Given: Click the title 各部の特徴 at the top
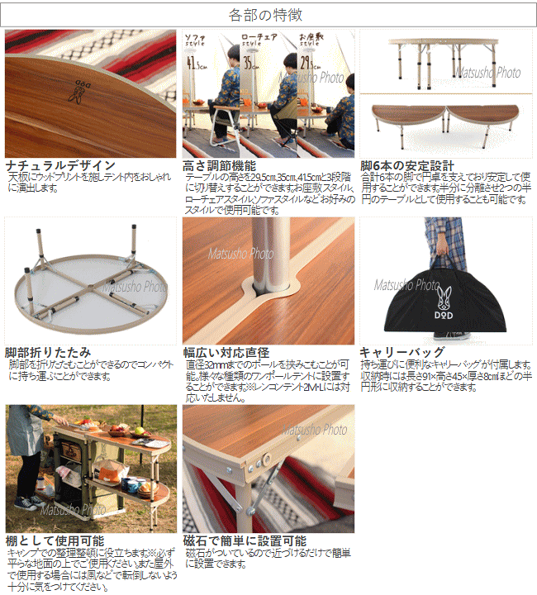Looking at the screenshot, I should tap(268, 15).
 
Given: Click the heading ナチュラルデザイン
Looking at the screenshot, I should tap(60, 165).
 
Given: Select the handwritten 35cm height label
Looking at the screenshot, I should tap(249, 62).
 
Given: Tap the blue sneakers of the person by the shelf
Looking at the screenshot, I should tap(30, 502).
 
